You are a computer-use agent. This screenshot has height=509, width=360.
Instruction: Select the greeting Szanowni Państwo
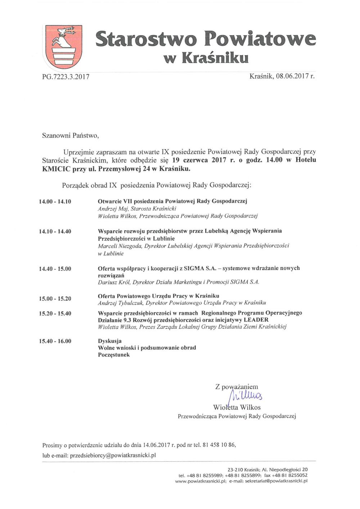point(70,136)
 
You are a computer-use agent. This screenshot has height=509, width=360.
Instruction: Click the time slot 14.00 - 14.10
point(55,201)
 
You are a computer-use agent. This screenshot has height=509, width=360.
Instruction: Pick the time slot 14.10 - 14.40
point(55,231)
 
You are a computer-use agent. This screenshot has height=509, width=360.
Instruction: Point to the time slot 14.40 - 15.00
point(55,269)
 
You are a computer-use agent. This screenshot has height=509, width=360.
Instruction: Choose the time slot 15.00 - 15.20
point(55,299)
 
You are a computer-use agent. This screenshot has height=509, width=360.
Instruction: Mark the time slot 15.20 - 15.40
point(55,313)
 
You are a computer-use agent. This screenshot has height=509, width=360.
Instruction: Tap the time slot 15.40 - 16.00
point(55,341)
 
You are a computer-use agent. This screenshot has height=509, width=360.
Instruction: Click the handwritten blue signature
point(245,397)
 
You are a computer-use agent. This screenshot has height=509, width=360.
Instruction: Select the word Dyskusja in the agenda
point(110,341)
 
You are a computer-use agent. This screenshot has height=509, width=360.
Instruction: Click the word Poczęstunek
point(114,355)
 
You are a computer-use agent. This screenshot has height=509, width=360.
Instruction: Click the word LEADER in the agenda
point(256,320)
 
